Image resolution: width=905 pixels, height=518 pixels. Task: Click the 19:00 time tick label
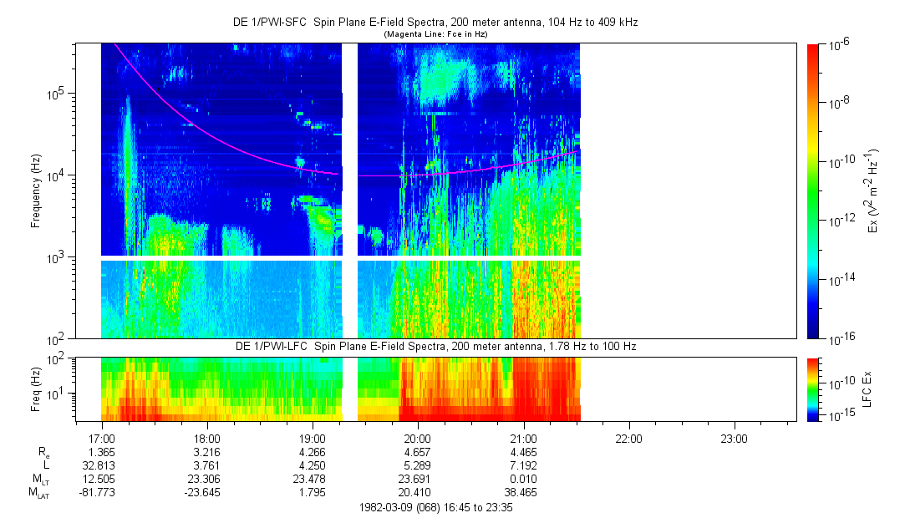point(312,438)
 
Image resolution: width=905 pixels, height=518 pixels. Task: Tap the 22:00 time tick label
point(628,438)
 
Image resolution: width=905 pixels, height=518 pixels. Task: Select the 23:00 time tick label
point(733,438)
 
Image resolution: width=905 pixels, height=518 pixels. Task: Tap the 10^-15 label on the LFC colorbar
point(839,415)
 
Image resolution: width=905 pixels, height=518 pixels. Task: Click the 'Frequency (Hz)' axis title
point(36,192)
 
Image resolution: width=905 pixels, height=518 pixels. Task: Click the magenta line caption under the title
point(435,33)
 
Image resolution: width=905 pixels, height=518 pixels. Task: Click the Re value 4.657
point(417,452)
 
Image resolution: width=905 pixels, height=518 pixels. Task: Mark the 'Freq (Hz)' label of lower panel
point(36,389)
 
